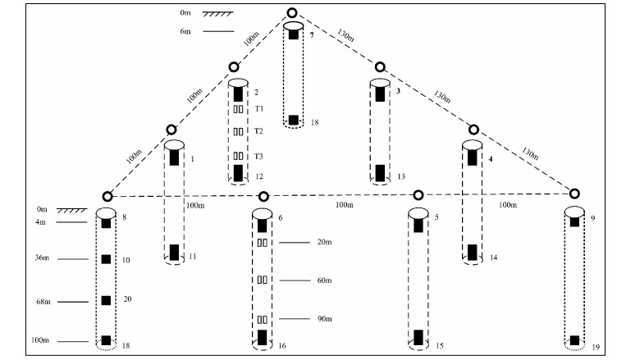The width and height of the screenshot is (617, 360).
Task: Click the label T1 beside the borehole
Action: [x=258, y=109]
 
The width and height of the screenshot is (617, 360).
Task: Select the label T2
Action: [x=258, y=131]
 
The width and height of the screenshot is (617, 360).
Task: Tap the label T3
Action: [x=258, y=156]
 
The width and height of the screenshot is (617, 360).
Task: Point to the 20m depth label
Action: [x=324, y=243]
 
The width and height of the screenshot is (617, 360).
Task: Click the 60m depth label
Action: [x=324, y=280]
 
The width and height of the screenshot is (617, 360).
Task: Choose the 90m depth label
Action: [x=324, y=319]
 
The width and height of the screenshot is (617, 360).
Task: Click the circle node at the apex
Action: [x=293, y=14]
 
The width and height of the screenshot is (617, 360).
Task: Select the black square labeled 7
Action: [x=294, y=35]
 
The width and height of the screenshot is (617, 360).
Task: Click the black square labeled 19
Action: [x=574, y=339]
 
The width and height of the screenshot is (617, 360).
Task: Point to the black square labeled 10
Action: [x=106, y=260]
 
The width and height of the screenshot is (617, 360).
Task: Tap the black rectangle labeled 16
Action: [x=263, y=337]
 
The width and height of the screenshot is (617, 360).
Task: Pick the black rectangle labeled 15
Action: [x=418, y=337]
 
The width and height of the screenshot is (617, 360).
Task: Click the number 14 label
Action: [x=494, y=257]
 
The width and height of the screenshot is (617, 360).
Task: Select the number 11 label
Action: [x=192, y=257]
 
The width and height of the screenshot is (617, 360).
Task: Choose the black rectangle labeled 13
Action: [x=379, y=173]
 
